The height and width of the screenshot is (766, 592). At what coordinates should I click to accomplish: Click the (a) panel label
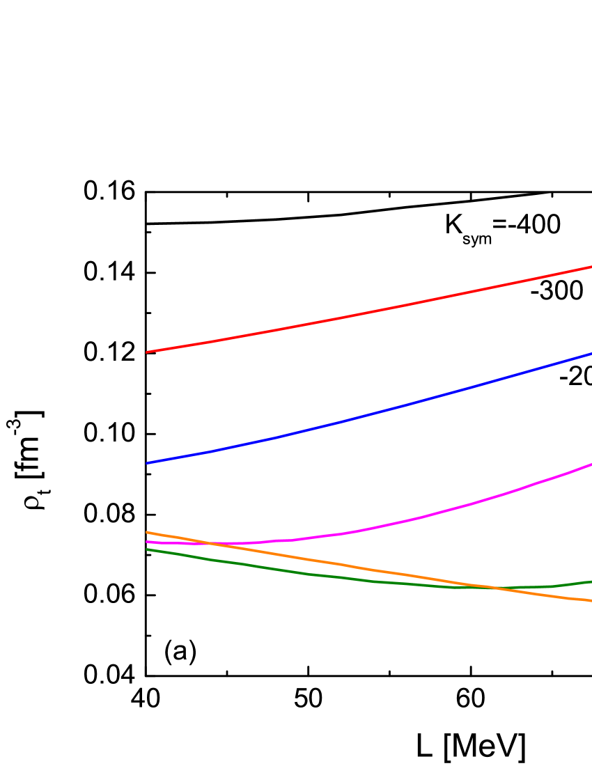(180, 650)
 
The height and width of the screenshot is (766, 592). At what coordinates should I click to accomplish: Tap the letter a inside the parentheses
(180, 652)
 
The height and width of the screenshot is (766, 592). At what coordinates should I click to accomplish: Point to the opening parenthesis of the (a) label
(168, 652)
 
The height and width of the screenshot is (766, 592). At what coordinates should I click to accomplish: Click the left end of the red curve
(147, 352)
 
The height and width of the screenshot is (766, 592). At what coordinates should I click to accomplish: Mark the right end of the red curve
(591, 267)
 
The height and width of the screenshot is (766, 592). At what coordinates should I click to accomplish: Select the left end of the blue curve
(147, 463)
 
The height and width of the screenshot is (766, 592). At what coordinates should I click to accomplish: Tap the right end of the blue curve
(591, 354)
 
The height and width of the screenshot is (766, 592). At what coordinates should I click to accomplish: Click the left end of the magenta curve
(147, 542)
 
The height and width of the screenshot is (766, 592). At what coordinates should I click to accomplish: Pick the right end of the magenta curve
(591, 464)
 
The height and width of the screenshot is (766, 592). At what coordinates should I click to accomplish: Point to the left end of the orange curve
(147, 532)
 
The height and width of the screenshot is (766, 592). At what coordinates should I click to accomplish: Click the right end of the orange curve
(591, 600)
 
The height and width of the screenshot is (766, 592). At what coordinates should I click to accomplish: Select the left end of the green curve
(147, 549)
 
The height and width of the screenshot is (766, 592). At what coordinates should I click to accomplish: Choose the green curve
(313, 574)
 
